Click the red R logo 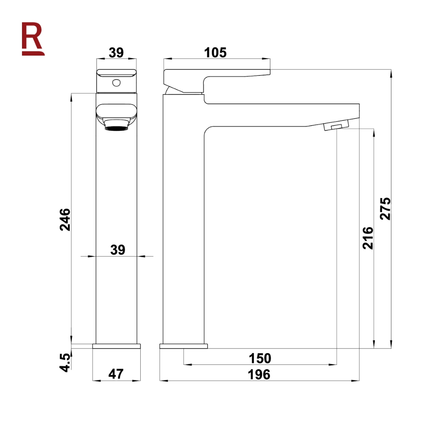[x=33, y=39]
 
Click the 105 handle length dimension [x=215, y=53]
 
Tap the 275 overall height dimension [x=385, y=208]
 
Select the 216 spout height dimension [x=368, y=238]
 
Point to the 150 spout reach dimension [x=260, y=358]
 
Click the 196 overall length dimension [x=259, y=375]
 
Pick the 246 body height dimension [x=65, y=220]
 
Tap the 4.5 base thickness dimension [x=65, y=363]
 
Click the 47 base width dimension [x=116, y=374]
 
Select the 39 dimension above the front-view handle [x=116, y=53]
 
